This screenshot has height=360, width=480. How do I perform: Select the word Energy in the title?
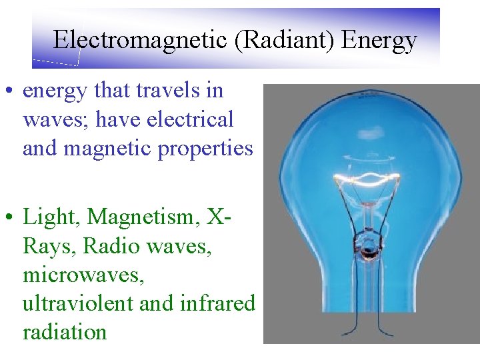(x=379, y=40)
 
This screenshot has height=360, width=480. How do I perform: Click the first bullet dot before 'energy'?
(x=11, y=91)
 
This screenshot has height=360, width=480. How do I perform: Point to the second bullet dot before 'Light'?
(x=11, y=217)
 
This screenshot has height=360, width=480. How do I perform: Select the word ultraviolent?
(x=77, y=303)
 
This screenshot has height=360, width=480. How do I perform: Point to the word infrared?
(x=217, y=303)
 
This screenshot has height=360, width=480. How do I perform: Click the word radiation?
(x=65, y=331)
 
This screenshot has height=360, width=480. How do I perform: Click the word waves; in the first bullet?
(x=49, y=119)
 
